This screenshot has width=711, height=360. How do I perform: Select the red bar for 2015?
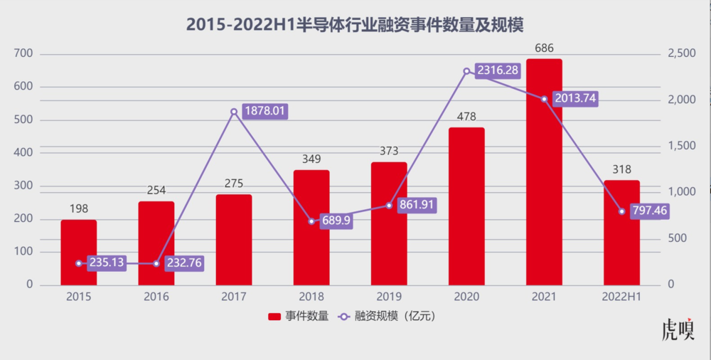[78, 253]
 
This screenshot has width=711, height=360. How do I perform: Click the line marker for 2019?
[389, 206]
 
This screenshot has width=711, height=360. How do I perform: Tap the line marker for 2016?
[156, 263]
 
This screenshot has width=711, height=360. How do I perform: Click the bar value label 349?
[311, 160]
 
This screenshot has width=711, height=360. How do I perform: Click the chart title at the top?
[355, 25]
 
